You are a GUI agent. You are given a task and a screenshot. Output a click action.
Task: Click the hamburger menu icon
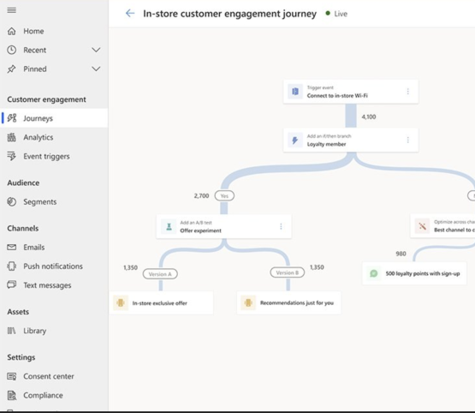tap(11, 10)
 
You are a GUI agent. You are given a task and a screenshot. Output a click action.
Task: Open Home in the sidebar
tap(33, 31)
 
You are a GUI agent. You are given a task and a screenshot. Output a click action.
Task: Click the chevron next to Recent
tap(96, 50)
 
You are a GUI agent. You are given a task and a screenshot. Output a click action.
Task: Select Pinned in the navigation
tap(35, 69)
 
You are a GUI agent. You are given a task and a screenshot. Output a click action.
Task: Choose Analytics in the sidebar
tap(38, 137)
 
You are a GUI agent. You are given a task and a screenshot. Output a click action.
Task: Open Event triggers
tap(46, 156)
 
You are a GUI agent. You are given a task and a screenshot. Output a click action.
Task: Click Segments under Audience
tap(39, 202)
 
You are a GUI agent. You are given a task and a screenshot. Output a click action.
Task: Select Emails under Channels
tap(33, 248)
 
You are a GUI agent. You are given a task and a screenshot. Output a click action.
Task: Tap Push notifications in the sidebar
tap(52, 266)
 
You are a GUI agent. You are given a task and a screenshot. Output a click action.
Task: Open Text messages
tap(47, 285)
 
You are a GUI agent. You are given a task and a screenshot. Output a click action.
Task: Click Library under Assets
tap(34, 331)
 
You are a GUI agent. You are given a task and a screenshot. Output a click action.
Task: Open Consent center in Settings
tap(48, 376)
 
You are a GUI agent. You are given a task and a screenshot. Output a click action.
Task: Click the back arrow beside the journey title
tap(130, 14)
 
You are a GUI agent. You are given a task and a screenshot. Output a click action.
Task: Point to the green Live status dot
tap(328, 14)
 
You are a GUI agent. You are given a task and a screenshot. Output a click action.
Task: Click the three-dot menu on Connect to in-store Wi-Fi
tap(407, 92)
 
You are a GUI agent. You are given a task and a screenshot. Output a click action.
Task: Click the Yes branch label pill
tap(224, 195)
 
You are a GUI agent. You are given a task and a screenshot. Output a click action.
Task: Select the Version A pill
tap(159, 273)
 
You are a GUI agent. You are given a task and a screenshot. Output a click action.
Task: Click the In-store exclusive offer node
tap(162, 302)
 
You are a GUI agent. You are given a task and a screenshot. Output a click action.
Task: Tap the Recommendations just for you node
tap(288, 302)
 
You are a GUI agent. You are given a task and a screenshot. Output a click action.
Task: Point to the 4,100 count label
tap(369, 117)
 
